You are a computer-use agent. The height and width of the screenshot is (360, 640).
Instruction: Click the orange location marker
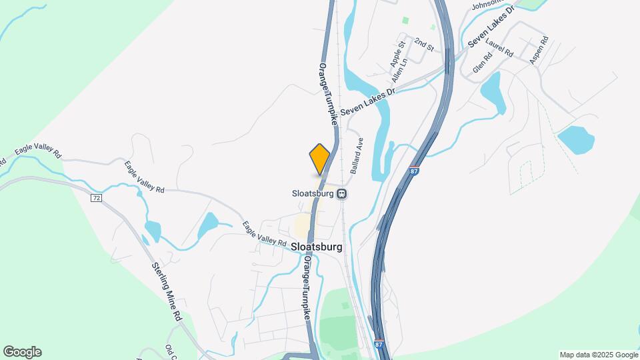click(x=320, y=159)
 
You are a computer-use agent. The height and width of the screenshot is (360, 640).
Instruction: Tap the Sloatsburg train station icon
click(x=341, y=194)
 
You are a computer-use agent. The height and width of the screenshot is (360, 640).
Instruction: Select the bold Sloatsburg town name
click(x=317, y=247)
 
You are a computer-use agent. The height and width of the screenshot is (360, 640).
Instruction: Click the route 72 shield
click(x=97, y=198)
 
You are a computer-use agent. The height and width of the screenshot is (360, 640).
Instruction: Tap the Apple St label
click(x=398, y=54)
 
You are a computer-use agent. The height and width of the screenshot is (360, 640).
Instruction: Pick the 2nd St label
click(x=424, y=44)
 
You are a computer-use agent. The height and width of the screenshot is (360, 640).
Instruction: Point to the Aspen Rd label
click(x=539, y=49)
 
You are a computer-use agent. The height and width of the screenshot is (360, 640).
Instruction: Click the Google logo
click(x=22, y=352)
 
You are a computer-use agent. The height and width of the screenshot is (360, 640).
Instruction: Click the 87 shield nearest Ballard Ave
click(x=415, y=171)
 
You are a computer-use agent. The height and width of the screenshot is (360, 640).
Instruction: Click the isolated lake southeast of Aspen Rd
click(x=575, y=140)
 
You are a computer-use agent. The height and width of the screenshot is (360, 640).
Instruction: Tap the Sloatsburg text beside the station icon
click(x=313, y=194)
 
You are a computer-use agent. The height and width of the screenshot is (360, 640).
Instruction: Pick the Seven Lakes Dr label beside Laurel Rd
click(x=492, y=27)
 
